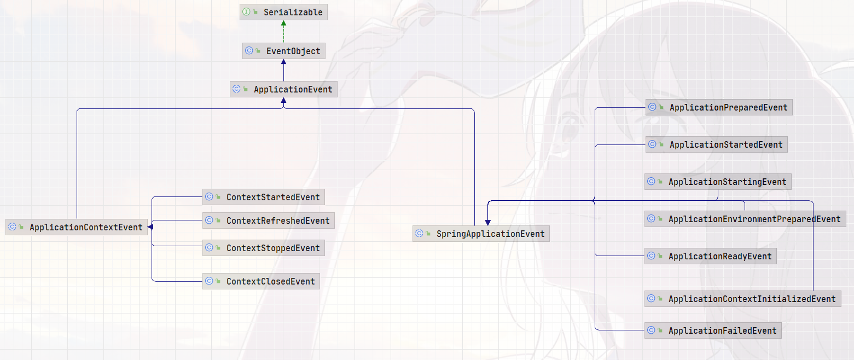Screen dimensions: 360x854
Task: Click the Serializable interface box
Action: (283, 12)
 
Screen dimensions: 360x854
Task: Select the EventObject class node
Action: (283, 51)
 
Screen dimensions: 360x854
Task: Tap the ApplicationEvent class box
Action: (283, 89)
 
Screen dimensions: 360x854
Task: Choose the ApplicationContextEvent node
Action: (77, 227)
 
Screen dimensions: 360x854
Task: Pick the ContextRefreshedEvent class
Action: (268, 220)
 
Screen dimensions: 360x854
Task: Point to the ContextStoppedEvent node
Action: (263, 248)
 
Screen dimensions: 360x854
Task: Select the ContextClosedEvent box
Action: (260, 281)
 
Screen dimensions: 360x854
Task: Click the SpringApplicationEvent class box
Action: (481, 234)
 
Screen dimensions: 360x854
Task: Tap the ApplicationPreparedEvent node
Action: (718, 107)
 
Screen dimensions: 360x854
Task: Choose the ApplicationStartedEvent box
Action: (716, 144)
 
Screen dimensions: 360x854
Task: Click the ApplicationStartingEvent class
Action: (718, 182)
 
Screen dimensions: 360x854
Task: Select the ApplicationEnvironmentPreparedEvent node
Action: (745, 219)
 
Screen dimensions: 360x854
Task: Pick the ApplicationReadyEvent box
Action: (710, 256)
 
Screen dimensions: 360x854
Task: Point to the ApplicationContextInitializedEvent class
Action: (742, 299)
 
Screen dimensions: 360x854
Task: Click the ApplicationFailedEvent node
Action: (712, 330)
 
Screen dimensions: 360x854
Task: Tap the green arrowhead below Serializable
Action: (283, 24)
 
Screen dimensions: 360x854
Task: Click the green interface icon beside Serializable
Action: (247, 12)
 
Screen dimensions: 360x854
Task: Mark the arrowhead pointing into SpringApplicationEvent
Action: (487, 222)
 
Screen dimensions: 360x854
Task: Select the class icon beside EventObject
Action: (249, 51)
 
